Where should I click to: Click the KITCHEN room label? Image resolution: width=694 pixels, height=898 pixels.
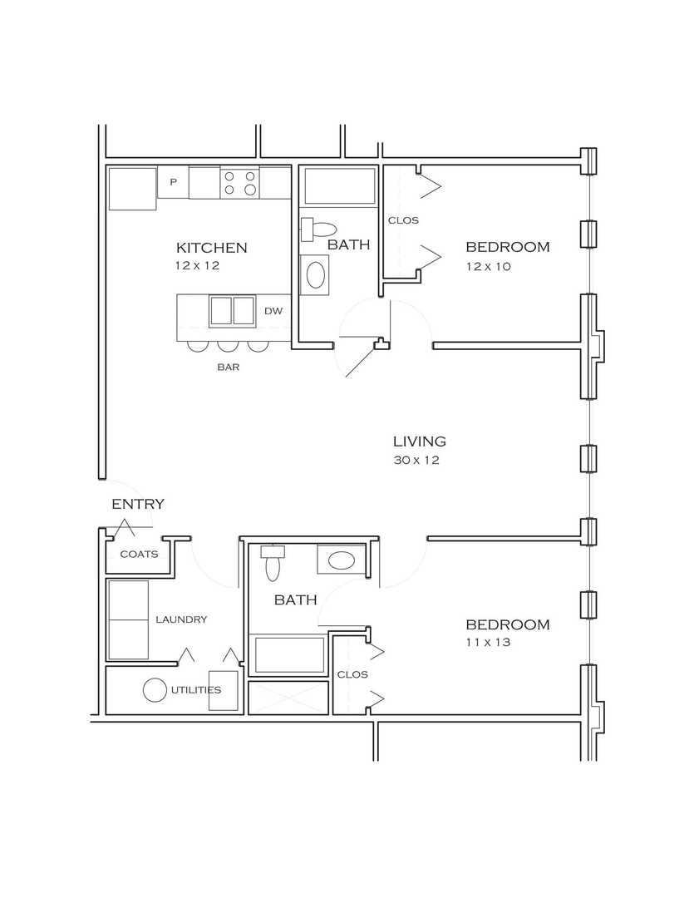click(x=211, y=248)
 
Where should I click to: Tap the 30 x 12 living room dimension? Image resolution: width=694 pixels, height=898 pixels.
click(x=416, y=460)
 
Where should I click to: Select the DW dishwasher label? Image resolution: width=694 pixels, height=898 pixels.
click(x=273, y=311)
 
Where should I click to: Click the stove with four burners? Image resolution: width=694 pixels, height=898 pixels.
click(x=239, y=183)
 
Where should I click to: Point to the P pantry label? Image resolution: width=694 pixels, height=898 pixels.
click(x=173, y=181)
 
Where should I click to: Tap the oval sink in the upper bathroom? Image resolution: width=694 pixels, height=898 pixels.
click(x=316, y=275)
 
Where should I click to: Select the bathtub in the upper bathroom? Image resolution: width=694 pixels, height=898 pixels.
click(x=340, y=185)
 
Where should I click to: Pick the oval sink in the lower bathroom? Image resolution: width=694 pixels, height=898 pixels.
click(x=341, y=560)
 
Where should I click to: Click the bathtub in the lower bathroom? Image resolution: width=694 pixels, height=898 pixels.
click(x=289, y=654)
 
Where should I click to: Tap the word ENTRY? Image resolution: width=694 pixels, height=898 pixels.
click(x=137, y=504)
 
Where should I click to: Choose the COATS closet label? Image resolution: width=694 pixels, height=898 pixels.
click(x=139, y=555)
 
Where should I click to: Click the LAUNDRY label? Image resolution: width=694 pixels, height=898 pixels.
click(x=181, y=619)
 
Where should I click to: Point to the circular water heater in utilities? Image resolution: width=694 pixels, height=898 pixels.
click(x=155, y=690)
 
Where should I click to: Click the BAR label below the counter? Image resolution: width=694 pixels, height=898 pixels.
click(x=228, y=368)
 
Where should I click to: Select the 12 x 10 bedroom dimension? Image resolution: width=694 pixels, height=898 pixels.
click(x=488, y=266)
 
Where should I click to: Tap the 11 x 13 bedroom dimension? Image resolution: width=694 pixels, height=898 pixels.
click(x=488, y=642)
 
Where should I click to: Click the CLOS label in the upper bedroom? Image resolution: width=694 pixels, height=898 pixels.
click(x=403, y=220)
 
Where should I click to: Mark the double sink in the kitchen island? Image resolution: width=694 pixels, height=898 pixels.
click(x=232, y=311)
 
